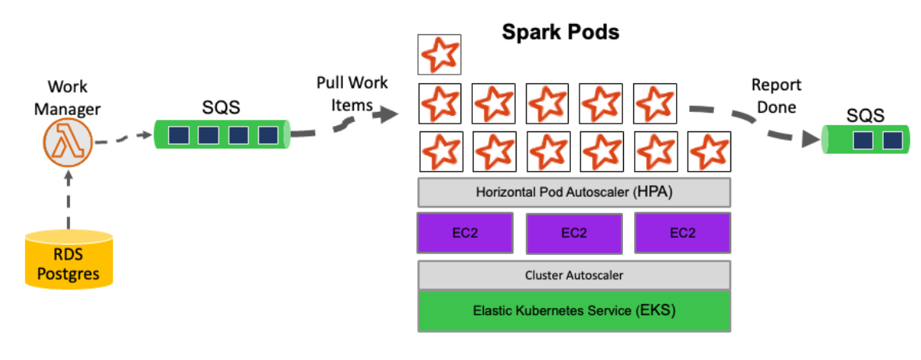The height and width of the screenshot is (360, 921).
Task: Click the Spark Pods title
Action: tap(560, 32)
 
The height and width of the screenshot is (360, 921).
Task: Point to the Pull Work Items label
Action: tap(352, 93)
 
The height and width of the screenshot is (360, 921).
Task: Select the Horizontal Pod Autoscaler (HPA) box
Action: tap(574, 192)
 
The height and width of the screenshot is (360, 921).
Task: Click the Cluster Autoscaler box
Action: tap(574, 274)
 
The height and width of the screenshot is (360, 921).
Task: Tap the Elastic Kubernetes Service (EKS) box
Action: tap(574, 310)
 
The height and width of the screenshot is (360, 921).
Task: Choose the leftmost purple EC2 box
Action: tap(464, 233)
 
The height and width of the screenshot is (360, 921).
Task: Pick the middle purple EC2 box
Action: tap(574, 233)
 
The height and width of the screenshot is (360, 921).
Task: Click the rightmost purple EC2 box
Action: tap(682, 233)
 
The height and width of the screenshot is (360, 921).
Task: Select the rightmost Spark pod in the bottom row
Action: tap(709, 151)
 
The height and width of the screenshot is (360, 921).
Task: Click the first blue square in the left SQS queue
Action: tap(177, 135)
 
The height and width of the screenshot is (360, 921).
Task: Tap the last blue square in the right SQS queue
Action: tap(892, 141)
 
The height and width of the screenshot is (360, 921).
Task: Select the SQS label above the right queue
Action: tap(865, 116)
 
